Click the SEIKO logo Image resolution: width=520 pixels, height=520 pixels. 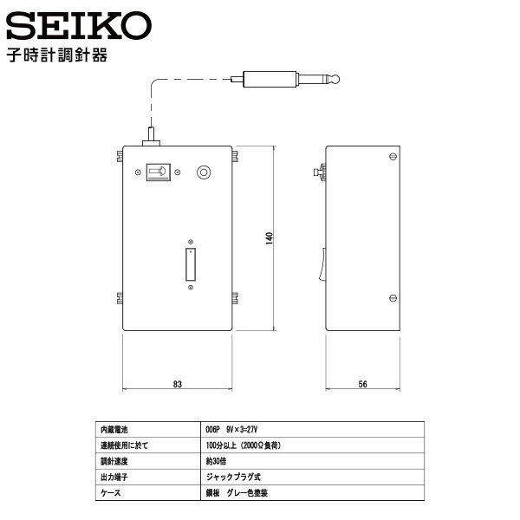(x=79, y=25)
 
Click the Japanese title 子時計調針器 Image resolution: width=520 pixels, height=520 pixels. (x=57, y=55)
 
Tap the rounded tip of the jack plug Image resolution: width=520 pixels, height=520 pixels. (x=335, y=80)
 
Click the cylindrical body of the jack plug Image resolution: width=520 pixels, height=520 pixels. (x=270, y=79)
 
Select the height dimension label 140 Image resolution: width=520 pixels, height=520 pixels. (x=270, y=238)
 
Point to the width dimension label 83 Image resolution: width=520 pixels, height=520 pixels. (x=178, y=384)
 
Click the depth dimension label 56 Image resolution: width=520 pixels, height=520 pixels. (x=362, y=384)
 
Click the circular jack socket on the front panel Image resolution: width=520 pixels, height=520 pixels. (x=204, y=172)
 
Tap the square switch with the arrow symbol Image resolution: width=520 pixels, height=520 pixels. (x=159, y=172)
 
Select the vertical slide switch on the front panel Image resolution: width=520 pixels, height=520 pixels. (x=191, y=264)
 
